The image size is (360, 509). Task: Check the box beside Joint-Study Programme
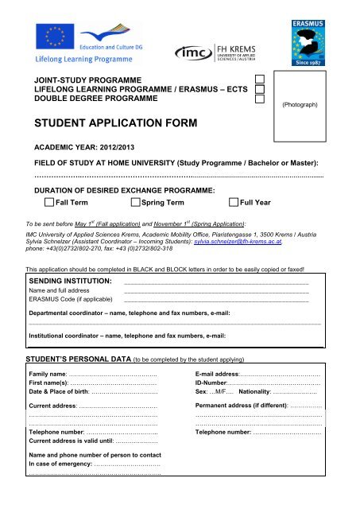pyautogui.click(x=259, y=80)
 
